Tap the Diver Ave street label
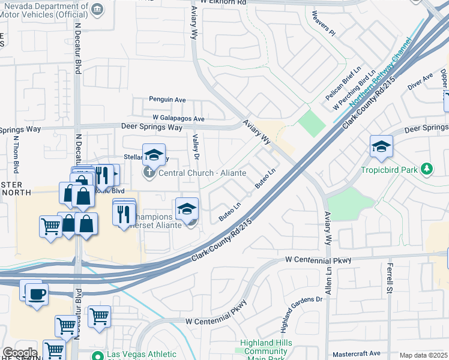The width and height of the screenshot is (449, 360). (x=420, y=82)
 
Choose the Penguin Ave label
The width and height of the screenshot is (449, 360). (x=167, y=100)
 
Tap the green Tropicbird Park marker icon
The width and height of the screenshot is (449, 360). (x=427, y=170)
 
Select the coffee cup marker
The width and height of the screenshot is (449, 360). (x=37, y=294)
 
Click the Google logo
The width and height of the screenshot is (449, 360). (x=19, y=353)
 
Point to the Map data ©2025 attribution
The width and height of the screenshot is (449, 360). (x=423, y=355)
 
